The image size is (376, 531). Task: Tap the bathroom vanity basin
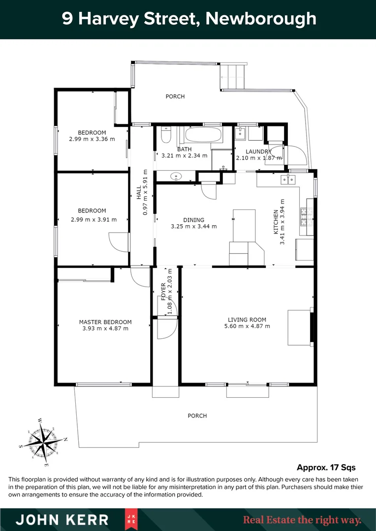coord(176,176)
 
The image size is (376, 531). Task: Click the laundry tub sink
coord(241,133)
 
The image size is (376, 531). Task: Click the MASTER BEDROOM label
coord(105,322)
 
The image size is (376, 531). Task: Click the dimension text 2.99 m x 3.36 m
coord(92,139)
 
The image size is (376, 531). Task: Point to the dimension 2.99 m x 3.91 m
coord(93,219)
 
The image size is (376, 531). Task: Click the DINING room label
coord(193,220)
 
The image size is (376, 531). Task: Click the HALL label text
coord(138,191)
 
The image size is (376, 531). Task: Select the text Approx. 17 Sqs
coord(326,467)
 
